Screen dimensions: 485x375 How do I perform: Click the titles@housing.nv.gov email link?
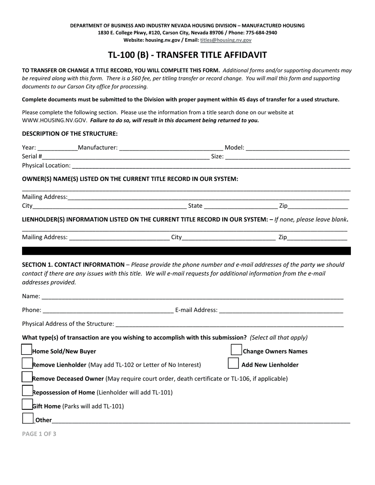coord(225,40)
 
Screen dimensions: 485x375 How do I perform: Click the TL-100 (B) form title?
coord(187,55)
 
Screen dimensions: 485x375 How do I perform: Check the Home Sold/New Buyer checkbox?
coord(26,350)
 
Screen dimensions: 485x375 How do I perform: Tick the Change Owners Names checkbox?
coord(236,350)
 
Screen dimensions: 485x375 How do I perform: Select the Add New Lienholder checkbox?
coord(233,363)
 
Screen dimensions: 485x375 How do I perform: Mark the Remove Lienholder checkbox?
coord(26,363)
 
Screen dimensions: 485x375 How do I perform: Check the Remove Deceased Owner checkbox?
coord(26,377)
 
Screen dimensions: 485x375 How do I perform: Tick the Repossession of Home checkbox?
coord(27,391)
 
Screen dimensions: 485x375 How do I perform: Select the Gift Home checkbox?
coord(27,405)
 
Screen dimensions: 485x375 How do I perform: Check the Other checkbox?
coord(28,418)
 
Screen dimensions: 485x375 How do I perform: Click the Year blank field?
coord(57,148)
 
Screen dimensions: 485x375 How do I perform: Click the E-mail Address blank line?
coord(281,310)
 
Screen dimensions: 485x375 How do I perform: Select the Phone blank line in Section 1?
coord(108,310)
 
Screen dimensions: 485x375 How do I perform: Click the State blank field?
coord(240,206)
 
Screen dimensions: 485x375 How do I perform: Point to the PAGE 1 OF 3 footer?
coord(39,434)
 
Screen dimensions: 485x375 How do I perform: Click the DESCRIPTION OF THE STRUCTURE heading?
coord(70,134)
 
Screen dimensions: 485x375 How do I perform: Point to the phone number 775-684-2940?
coord(260,33)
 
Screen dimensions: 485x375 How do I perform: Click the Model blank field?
coord(297,148)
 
